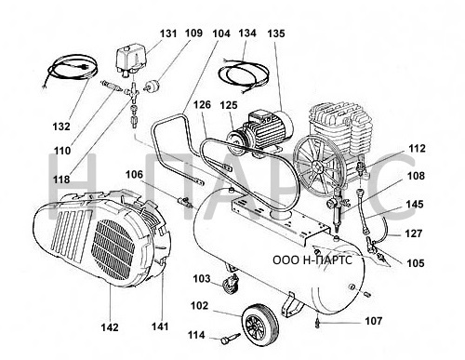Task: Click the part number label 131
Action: tap(168, 33)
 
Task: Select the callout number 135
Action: tap(276, 33)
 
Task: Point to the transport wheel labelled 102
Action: tap(259, 326)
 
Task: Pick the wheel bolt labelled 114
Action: tap(231, 338)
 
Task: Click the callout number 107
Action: tap(374, 321)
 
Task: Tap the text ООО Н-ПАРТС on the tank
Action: tap(312, 260)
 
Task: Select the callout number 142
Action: tap(110, 327)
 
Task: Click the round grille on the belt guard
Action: tap(113, 249)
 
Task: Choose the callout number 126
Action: tap(202, 105)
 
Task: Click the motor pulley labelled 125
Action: tap(237, 143)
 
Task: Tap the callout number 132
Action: tap(61, 127)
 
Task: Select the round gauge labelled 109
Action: tap(152, 86)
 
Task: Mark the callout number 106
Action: tap(134, 175)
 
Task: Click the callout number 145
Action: tap(415, 205)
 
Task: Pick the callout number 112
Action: tap(417, 149)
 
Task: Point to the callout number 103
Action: tap(202, 279)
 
